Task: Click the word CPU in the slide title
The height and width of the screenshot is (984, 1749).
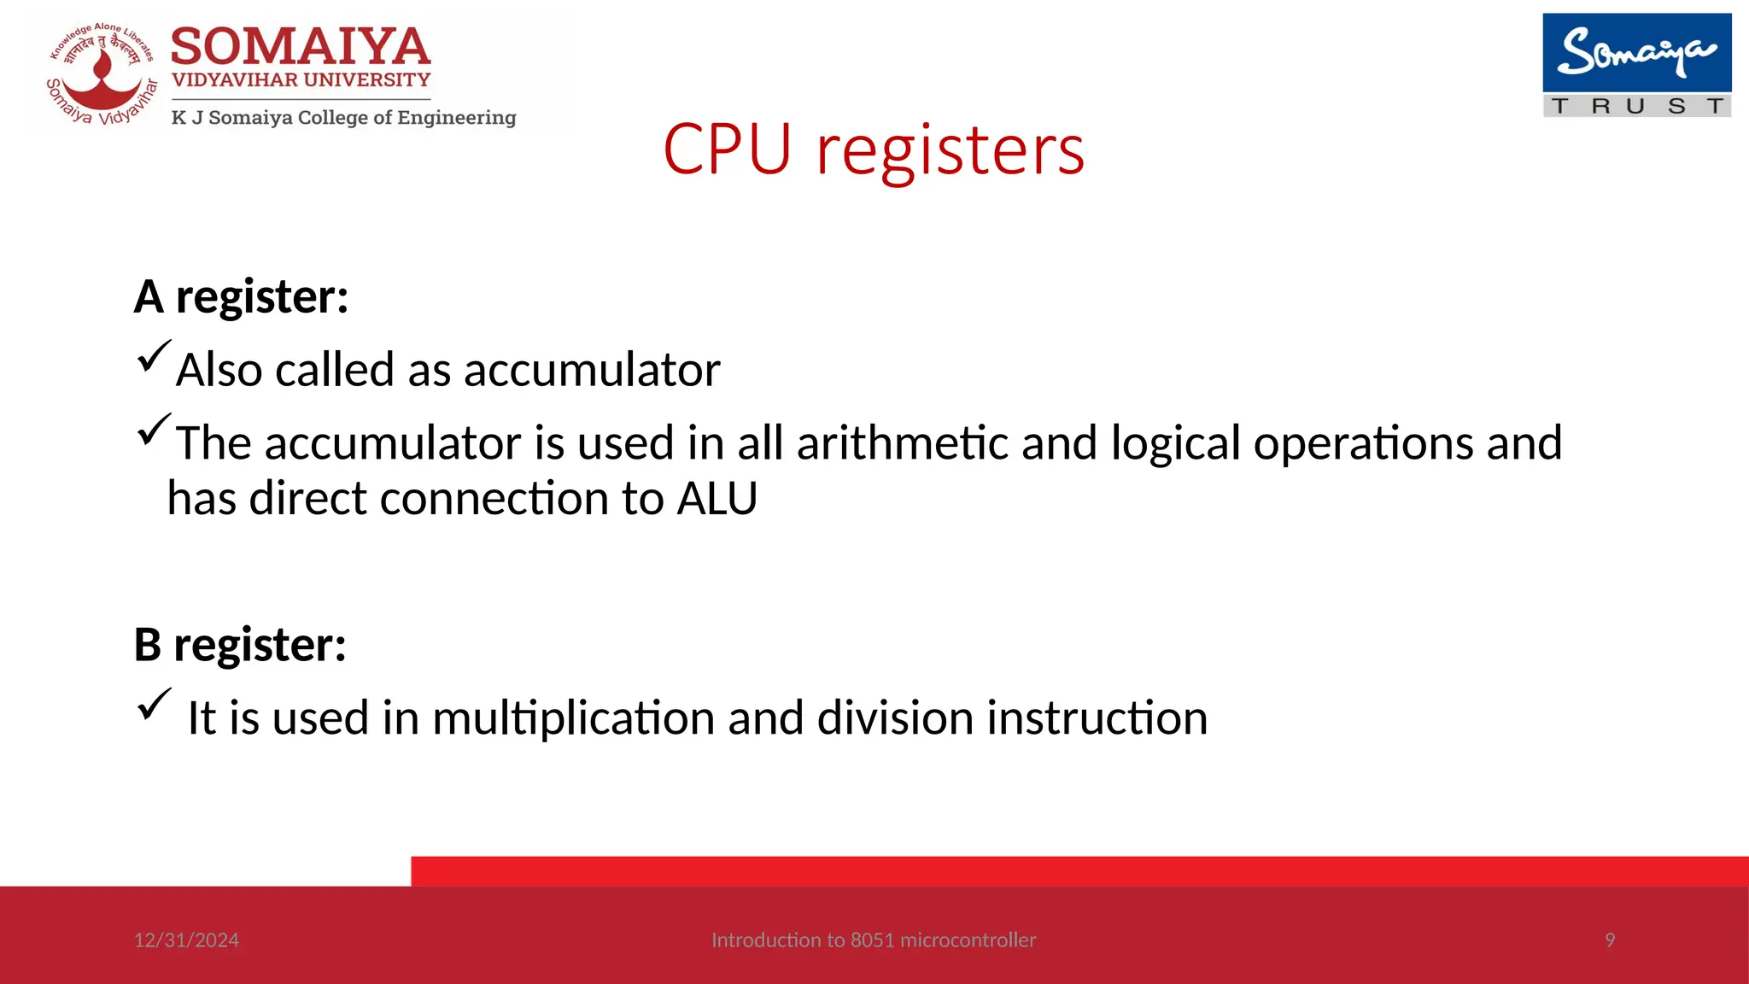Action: [x=727, y=150]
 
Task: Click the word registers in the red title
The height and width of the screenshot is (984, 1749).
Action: [x=950, y=152]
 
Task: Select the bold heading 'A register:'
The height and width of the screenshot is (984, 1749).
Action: [x=242, y=297]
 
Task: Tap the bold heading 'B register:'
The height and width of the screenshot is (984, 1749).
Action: [x=240, y=644]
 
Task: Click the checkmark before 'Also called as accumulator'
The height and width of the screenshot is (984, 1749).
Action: [x=153, y=356]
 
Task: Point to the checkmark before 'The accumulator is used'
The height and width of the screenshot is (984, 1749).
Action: [x=153, y=429]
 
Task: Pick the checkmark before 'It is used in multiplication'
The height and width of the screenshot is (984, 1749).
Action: [x=153, y=705]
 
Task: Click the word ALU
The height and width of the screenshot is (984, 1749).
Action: [x=717, y=499]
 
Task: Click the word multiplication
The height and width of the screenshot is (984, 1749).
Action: [x=573, y=718]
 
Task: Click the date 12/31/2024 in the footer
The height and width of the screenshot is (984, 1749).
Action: [x=186, y=940]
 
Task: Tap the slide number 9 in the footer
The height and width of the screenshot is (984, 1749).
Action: [x=1610, y=940]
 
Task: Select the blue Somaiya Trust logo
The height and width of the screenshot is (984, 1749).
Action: [x=1636, y=64]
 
